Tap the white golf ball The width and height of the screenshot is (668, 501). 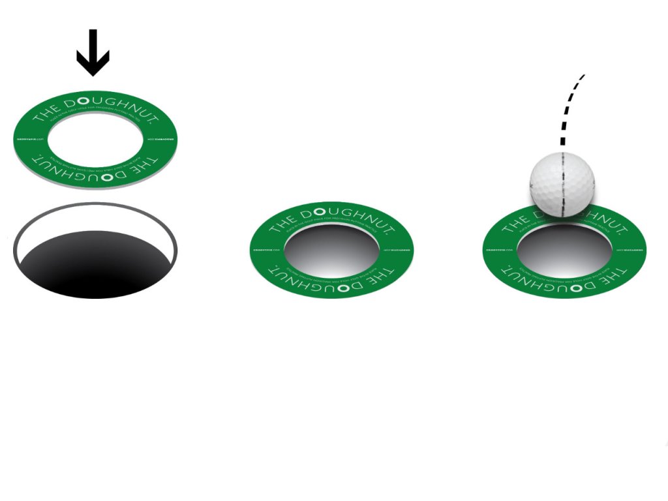562,185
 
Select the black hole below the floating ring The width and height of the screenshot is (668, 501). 95,264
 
